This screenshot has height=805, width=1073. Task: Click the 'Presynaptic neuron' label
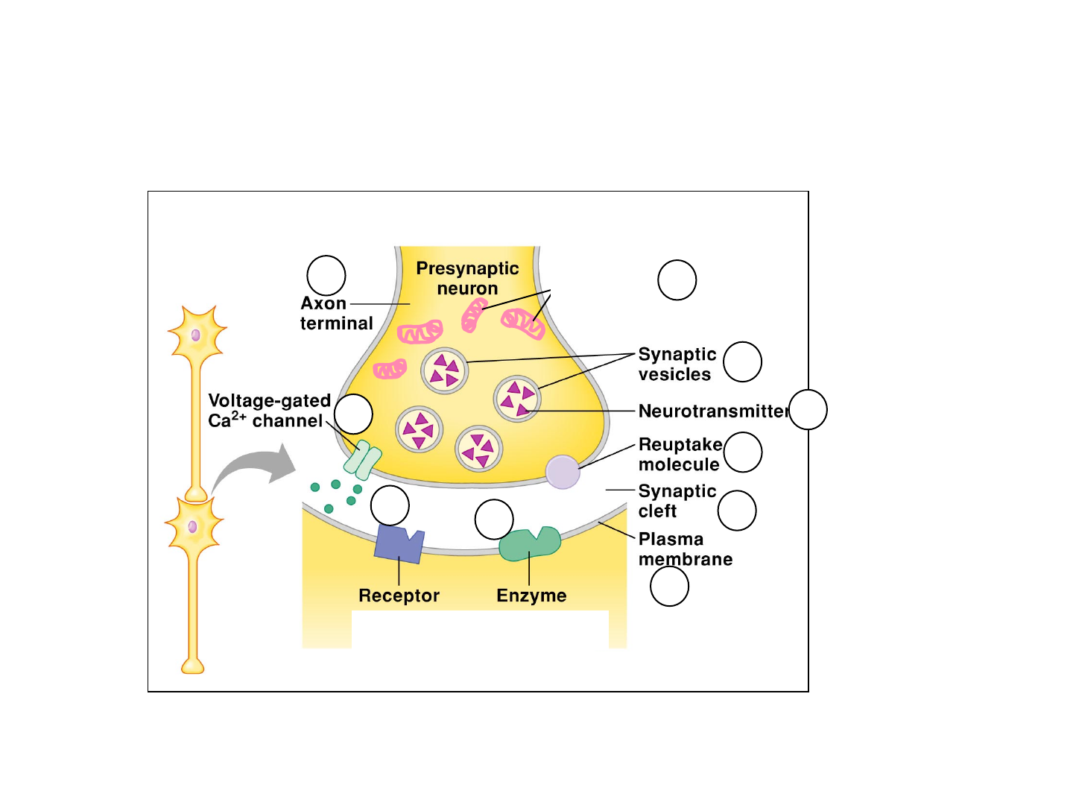(x=467, y=278)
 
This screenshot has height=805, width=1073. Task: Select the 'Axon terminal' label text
(x=336, y=313)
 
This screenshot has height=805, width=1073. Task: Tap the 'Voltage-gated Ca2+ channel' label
(x=268, y=411)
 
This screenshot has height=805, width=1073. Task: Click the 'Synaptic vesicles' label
(x=677, y=364)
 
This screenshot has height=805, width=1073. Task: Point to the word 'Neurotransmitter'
(x=712, y=411)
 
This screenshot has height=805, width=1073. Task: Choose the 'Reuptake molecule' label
(x=680, y=454)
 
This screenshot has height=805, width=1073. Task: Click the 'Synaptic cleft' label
(x=677, y=501)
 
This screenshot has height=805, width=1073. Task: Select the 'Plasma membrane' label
(x=685, y=549)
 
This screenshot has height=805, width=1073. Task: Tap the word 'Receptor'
(x=399, y=596)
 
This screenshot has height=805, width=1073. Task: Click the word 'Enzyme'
(x=531, y=596)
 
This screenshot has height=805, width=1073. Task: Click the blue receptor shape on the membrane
(x=399, y=543)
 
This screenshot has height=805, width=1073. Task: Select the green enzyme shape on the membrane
(x=530, y=544)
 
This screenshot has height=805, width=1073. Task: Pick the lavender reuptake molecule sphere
(x=563, y=472)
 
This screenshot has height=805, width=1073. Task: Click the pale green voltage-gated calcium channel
(x=363, y=460)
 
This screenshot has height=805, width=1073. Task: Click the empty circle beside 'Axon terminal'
(x=326, y=275)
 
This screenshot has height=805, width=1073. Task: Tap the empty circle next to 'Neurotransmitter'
(x=808, y=410)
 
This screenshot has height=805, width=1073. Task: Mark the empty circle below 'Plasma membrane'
(x=669, y=587)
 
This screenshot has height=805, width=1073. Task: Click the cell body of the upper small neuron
(x=196, y=335)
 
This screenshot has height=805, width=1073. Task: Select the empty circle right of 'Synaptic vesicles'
(x=742, y=362)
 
